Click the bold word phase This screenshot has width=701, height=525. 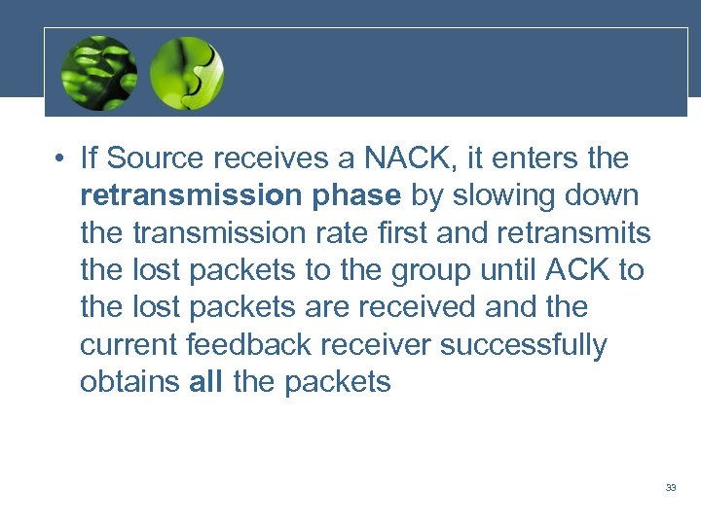(x=356, y=196)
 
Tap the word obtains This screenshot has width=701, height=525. (x=130, y=383)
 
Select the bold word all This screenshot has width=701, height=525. (x=206, y=383)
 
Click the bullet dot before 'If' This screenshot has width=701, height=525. (x=60, y=159)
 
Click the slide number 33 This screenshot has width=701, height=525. (x=671, y=487)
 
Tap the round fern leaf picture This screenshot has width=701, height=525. (x=98, y=74)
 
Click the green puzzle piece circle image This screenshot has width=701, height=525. (x=188, y=74)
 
